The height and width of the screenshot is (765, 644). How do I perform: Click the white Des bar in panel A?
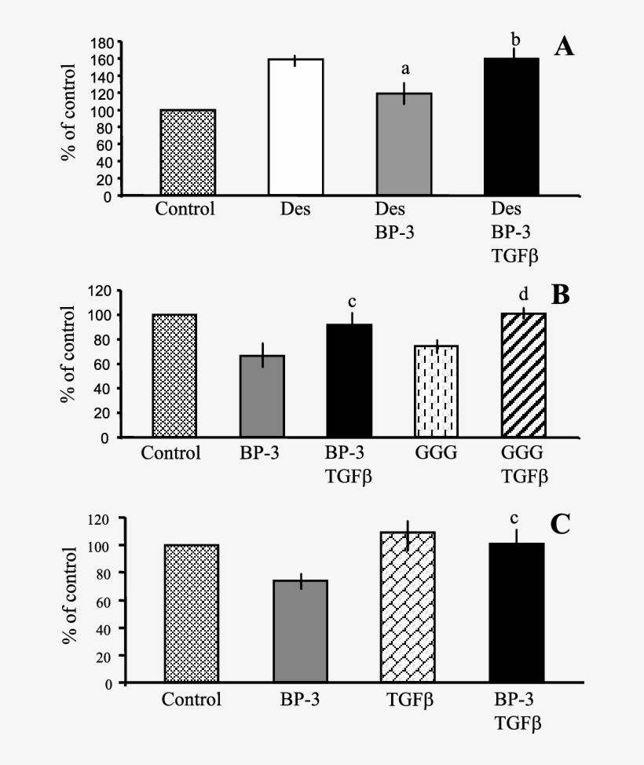coord(296,127)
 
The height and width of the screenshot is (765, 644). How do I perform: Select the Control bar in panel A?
coord(188,152)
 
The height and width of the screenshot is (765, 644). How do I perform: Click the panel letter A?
coord(564,47)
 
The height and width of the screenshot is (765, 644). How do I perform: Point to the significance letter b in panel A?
coord(515,38)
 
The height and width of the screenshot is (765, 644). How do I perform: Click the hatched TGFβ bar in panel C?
coord(407,608)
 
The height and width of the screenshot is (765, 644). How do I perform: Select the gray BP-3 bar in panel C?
coord(299,631)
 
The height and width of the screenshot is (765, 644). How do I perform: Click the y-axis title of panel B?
coord(68,358)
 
